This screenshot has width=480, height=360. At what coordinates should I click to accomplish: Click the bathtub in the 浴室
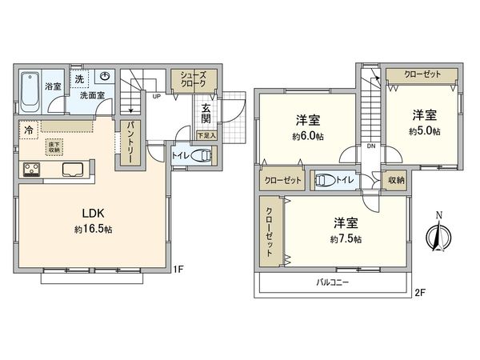(31, 90)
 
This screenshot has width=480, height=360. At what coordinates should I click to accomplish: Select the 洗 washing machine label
(79, 79)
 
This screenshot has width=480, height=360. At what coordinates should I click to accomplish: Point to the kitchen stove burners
(33, 169)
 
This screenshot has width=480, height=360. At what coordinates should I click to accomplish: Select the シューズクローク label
(193, 78)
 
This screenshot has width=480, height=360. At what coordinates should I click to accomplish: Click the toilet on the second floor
(326, 181)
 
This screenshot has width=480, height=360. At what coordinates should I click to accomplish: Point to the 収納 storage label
(396, 181)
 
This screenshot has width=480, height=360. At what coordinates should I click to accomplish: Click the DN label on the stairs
(370, 146)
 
